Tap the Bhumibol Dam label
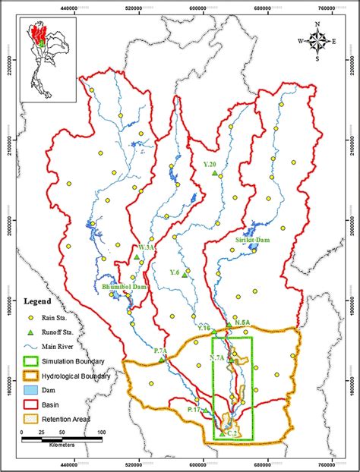(x=122, y=288)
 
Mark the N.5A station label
(x=242, y=323)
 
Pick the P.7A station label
(x=159, y=350)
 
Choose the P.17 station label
(x=194, y=410)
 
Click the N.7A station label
(x=216, y=357)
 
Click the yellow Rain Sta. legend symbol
(x=31, y=317)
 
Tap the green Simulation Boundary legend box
(x=31, y=361)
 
